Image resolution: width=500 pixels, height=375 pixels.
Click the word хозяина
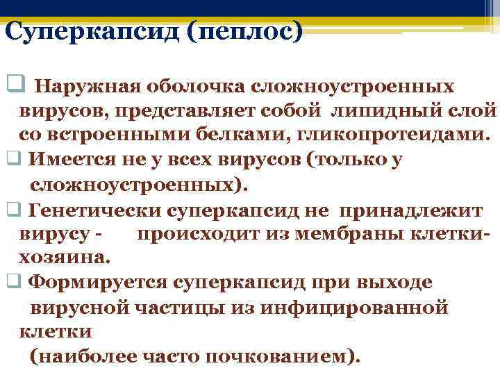(x=63, y=257)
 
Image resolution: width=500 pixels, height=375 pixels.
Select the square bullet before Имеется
(x=12, y=159)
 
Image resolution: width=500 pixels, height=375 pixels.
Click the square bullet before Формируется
(x=12, y=282)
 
